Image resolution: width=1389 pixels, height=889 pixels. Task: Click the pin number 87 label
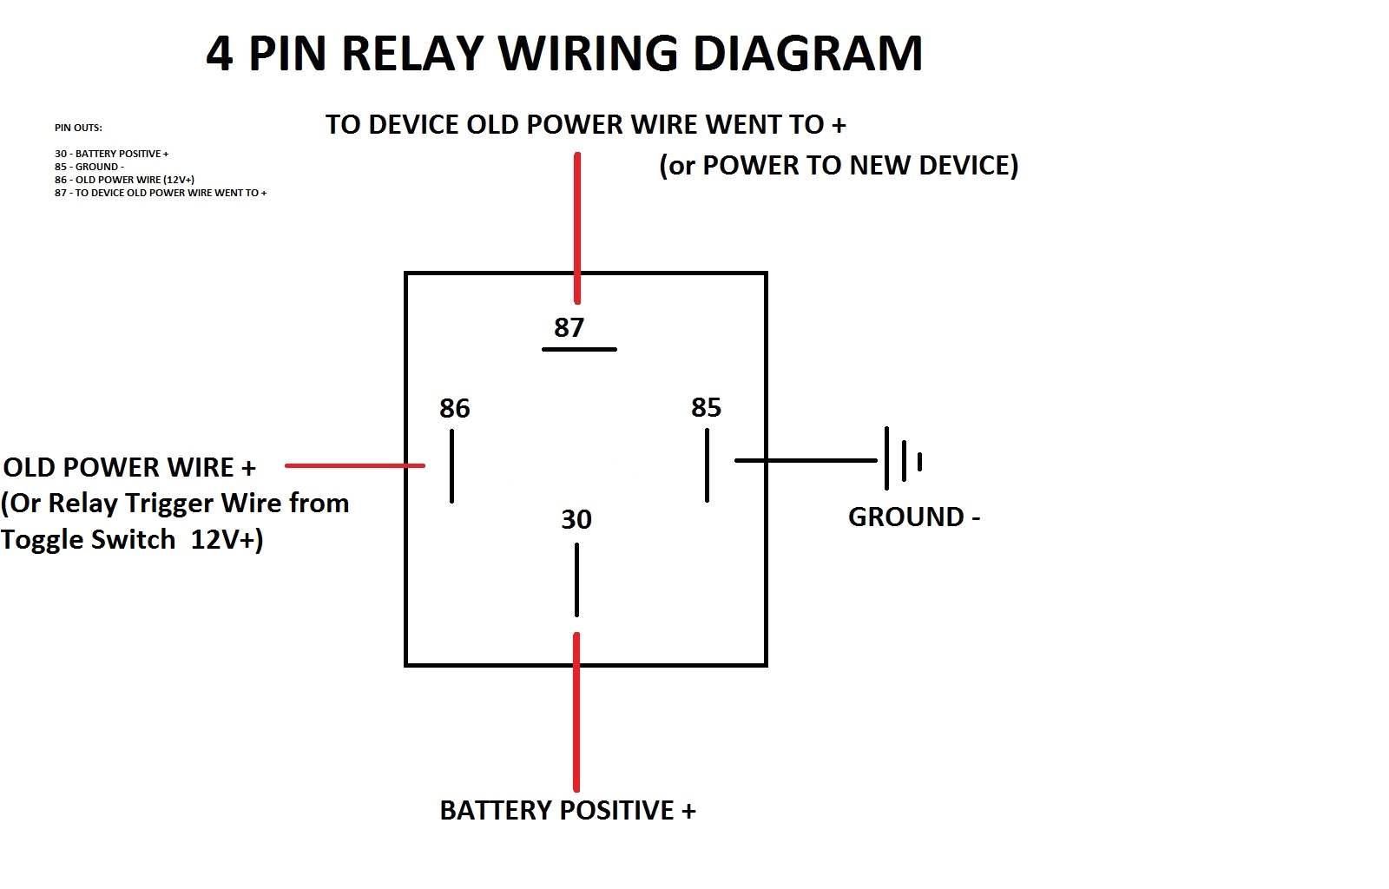tap(569, 327)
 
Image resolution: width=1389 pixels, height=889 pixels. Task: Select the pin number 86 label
tap(454, 408)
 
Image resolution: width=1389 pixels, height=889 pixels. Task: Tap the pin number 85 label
tap(706, 407)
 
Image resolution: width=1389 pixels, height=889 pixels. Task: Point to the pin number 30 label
tap(576, 519)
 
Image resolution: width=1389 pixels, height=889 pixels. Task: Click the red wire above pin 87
tap(577, 226)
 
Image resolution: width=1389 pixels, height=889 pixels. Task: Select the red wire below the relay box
tap(576, 712)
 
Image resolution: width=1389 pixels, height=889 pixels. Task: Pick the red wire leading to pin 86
tap(354, 465)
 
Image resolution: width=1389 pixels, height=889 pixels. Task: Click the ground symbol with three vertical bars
tap(903, 459)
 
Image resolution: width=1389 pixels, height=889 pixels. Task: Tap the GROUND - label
tap(913, 517)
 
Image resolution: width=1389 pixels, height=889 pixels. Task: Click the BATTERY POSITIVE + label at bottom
tap(567, 810)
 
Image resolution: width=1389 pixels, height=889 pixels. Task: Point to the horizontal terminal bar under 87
tap(579, 349)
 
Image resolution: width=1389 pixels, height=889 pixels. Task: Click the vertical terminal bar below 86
tap(451, 465)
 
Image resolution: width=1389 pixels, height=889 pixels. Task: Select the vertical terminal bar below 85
tap(707, 465)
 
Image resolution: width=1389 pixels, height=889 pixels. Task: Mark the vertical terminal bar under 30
tap(576, 580)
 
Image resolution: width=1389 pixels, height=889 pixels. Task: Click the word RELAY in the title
tap(411, 53)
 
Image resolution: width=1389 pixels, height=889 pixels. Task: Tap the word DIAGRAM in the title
tap(806, 53)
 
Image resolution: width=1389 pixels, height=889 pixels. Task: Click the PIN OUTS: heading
tap(78, 128)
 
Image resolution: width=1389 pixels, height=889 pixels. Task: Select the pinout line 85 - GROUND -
tap(89, 167)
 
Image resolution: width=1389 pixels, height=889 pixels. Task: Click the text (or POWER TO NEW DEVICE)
tap(839, 165)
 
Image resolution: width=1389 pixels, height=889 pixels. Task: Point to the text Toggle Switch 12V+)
tap(132, 539)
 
